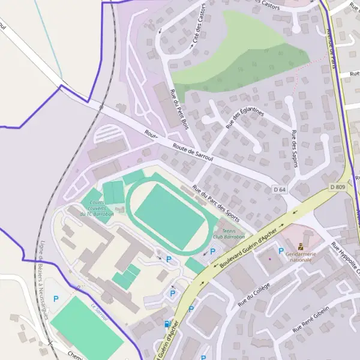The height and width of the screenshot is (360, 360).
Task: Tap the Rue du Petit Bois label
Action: point(178,108)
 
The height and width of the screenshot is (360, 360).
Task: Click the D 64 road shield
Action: point(280,190)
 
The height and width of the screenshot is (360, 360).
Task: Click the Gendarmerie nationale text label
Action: point(301,256)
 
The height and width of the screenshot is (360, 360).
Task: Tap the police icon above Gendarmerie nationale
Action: point(301,246)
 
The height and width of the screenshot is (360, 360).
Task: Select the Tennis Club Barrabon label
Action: point(229,233)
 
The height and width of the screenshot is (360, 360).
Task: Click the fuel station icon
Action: point(167,324)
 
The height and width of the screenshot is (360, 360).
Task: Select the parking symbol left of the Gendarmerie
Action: point(280,250)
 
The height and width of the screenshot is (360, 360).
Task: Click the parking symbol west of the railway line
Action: point(56,298)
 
